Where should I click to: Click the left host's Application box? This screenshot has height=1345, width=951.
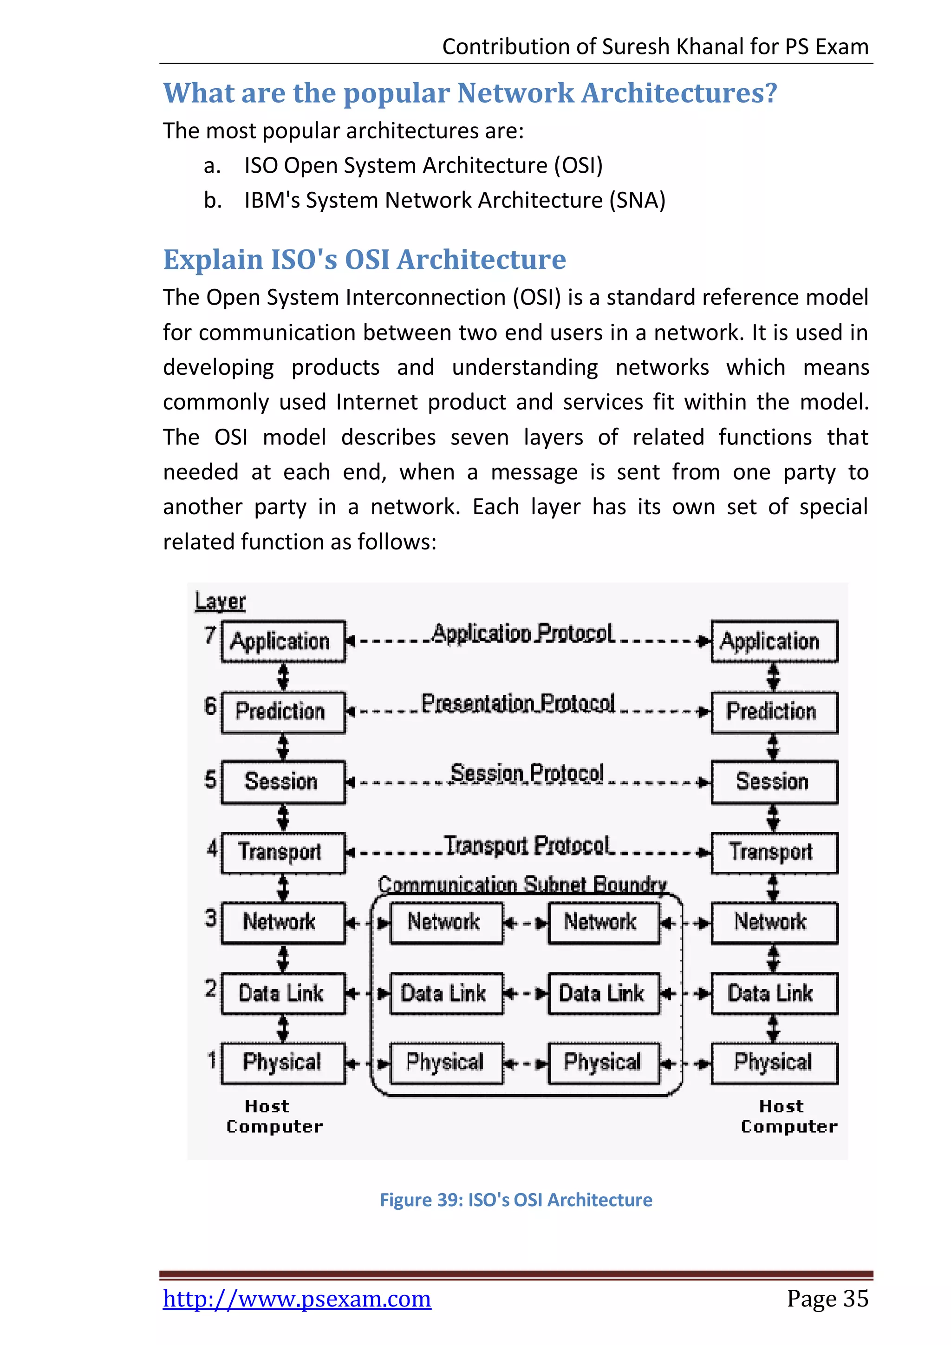tap(283, 641)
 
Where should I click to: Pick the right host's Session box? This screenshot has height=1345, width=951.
tap(774, 782)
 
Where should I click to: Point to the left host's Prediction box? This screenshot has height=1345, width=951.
tap(283, 712)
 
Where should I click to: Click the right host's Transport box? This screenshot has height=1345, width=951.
tap(774, 852)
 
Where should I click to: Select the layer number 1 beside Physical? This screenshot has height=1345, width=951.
tap(211, 1059)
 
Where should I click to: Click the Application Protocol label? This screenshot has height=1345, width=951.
tap(522, 634)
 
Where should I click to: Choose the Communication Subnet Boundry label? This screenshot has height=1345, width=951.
tap(522, 884)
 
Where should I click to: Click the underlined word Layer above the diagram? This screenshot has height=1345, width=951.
tap(220, 601)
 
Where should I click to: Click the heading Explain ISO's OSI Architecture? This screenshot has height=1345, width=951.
tap(364, 260)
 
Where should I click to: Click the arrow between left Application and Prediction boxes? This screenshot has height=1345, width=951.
tap(283, 677)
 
